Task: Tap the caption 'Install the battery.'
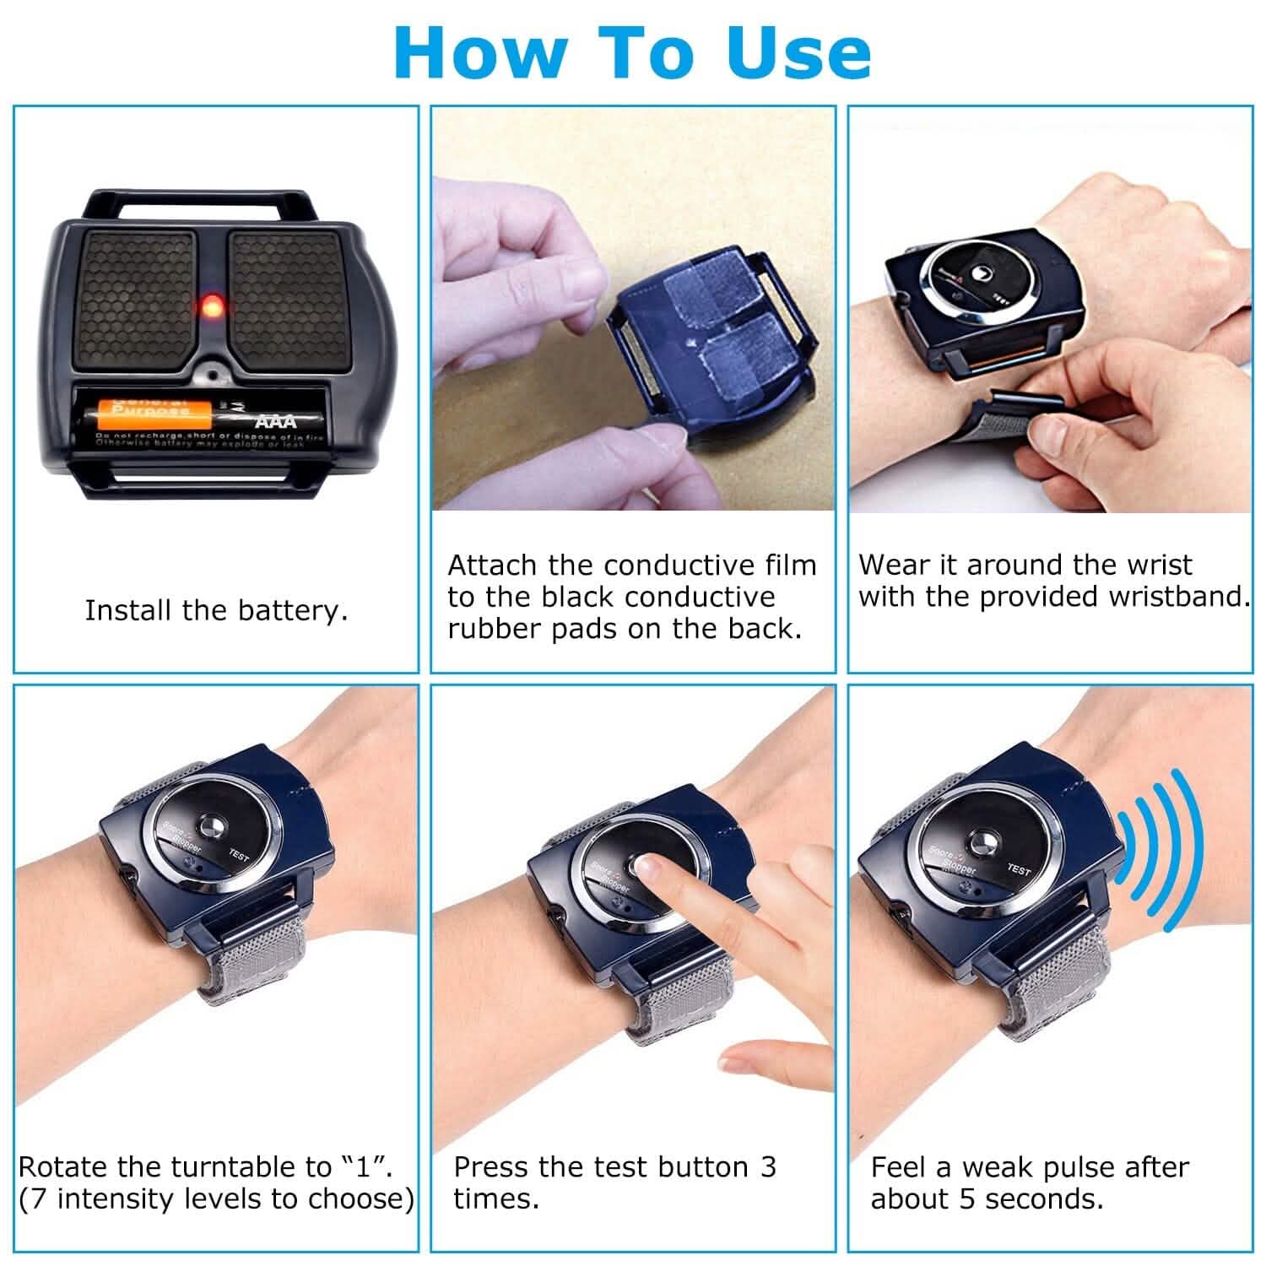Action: pos(216,610)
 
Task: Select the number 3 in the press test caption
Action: pos(767,1167)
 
